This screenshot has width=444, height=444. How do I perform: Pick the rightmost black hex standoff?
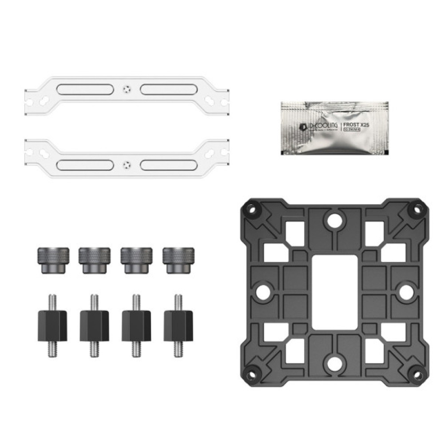(x=178, y=325)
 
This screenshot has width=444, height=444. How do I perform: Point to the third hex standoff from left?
(x=136, y=325)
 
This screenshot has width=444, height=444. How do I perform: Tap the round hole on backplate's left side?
(x=263, y=291)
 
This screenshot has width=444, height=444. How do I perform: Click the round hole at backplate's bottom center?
(x=335, y=362)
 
